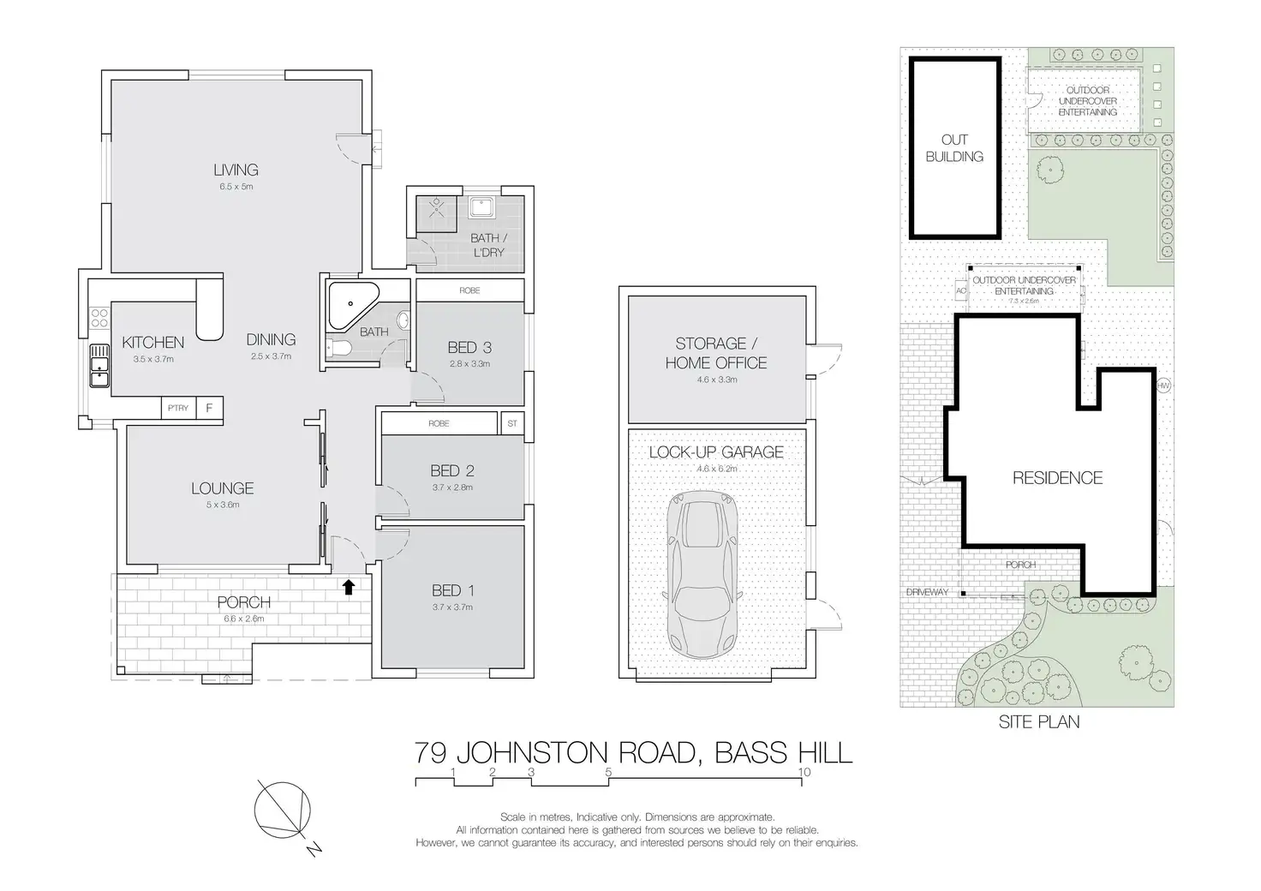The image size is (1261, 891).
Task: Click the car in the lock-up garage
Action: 702,574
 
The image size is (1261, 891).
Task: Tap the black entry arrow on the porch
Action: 349,587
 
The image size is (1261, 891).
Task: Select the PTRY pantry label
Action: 178,408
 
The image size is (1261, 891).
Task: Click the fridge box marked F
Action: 209,408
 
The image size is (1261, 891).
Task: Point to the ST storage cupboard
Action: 512,423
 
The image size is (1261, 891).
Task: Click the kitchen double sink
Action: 99,366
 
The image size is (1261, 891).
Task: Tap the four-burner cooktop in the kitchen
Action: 99,318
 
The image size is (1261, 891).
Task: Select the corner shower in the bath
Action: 353,304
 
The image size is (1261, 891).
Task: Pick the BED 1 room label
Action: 452,590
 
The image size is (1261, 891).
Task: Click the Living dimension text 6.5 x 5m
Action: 236,186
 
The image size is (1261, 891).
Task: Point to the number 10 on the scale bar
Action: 804,772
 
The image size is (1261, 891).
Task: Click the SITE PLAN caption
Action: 1039,722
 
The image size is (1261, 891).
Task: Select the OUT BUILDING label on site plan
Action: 955,148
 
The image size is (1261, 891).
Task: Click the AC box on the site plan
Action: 961,291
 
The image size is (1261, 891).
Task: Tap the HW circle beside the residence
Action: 1163,386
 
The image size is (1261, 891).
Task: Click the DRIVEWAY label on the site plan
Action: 927,592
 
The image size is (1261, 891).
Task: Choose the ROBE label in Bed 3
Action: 469,290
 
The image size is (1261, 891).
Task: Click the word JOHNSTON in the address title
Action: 533,753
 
